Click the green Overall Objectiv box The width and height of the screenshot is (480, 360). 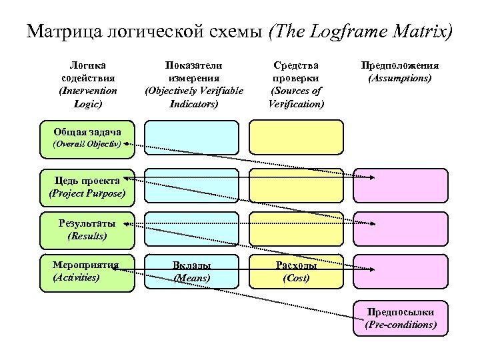click(x=87, y=137)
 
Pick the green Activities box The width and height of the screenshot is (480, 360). click(x=87, y=272)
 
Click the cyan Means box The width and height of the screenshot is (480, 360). click(x=191, y=272)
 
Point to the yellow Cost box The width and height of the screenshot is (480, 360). click(x=296, y=272)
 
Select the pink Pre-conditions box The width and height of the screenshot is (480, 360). click(x=400, y=319)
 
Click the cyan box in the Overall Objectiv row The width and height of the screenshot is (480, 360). click(x=191, y=137)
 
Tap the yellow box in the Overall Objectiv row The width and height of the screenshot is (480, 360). click(x=296, y=137)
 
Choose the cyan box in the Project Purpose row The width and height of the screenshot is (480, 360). click(x=191, y=185)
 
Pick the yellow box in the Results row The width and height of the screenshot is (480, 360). click(x=296, y=229)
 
